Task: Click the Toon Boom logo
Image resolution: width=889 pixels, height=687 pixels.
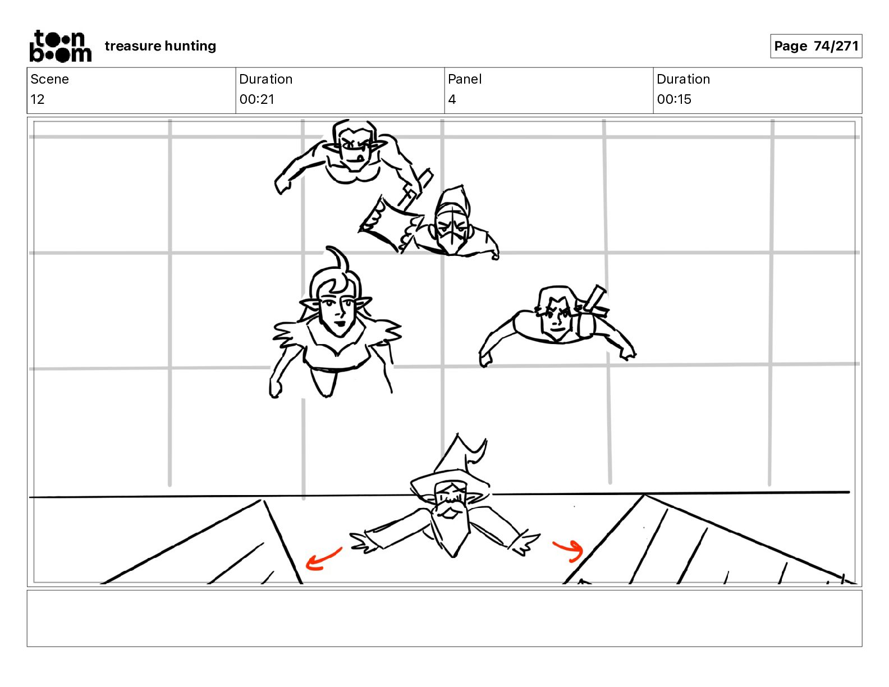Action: coord(61,46)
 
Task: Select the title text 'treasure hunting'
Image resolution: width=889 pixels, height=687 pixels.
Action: coord(161,46)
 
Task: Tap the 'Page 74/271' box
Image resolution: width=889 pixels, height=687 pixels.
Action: coord(816,46)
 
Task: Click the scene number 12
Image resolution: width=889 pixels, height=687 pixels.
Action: coord(37,99)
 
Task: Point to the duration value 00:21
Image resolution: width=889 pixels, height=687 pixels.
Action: coord(257,99)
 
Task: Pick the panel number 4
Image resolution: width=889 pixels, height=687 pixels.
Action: coord(452,99)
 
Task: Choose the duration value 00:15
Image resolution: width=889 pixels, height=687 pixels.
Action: coord(674,99)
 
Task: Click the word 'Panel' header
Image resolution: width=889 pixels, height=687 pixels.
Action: coord(465,79)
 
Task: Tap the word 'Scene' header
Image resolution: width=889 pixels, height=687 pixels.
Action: coord(49,79)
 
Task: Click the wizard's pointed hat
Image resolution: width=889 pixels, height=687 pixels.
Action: coord(454,466)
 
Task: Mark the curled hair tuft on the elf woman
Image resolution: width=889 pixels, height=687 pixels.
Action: coord(337,262)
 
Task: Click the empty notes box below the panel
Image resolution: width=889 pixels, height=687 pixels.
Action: coord(444,619)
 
